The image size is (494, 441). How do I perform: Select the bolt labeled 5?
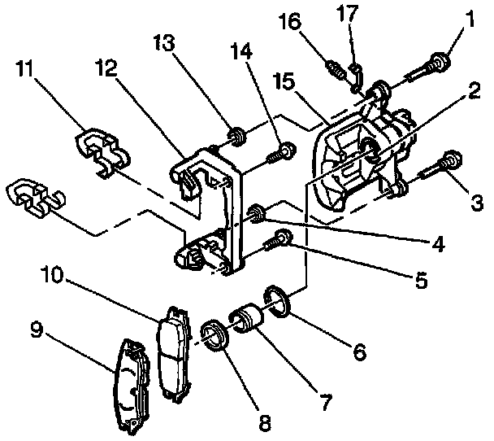tap(281, 239)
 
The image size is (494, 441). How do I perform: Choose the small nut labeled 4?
tap(257, 213)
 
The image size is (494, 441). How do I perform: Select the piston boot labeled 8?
tap(214, 335)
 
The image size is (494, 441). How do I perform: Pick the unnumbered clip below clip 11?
tap(32, 199)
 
